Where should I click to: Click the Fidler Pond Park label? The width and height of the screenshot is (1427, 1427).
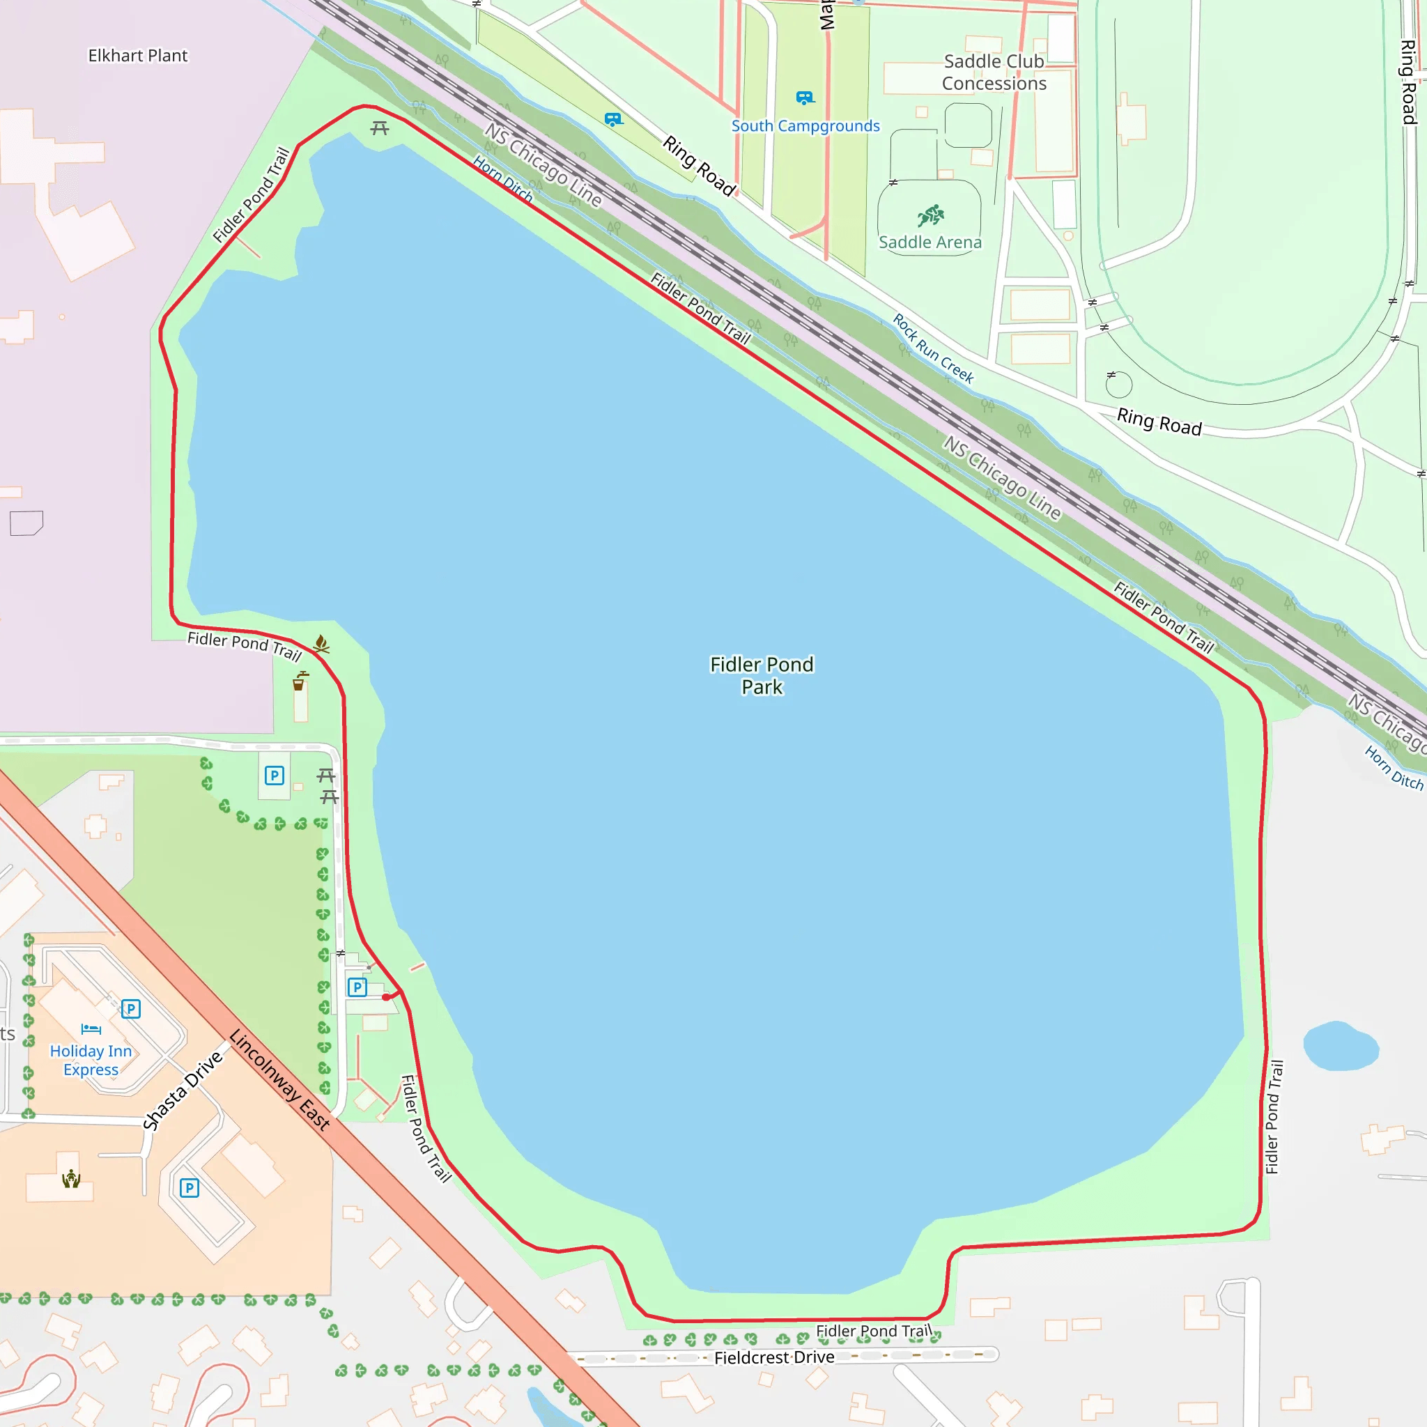[x=762, y=675]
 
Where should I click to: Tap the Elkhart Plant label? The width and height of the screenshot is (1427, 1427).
[x=137, y=56]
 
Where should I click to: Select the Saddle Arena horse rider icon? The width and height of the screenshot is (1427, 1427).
[x=931, y=216]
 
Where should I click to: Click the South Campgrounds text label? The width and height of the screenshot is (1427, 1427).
[x=805, y=125]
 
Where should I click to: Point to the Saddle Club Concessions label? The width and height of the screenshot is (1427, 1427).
[x=994, y=72]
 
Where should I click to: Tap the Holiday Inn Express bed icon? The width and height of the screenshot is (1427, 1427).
[x=91, y=1029]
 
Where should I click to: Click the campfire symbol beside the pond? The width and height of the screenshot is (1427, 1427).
[x=321, y=643]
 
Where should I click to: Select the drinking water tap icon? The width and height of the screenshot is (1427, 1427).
[x=299, y=681]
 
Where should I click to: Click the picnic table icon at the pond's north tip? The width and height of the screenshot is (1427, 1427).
[x=380, y=128]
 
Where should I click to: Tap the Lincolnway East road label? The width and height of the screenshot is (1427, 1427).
[x=279, y=1079]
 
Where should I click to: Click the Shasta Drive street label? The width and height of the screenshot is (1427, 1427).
[x=183, y=1090]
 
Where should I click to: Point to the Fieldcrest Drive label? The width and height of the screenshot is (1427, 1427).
[x=774, y=1357]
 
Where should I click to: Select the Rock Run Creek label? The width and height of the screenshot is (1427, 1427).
[x=933, y=348]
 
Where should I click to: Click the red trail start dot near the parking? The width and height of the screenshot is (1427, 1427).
[x=386, y=997]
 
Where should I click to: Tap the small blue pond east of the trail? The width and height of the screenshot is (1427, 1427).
[x=1341, y=1046]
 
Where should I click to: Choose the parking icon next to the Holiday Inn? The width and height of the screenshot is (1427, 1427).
[x=131, y=1008]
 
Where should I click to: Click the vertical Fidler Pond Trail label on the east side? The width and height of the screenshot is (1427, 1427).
[x=1275, y=1117]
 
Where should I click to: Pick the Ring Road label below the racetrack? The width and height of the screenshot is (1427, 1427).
[x=1159, y=422]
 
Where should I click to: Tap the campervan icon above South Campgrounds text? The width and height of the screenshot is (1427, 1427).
[x=805, y=98]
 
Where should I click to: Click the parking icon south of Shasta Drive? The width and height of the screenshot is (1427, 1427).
[x=189, y=1188]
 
